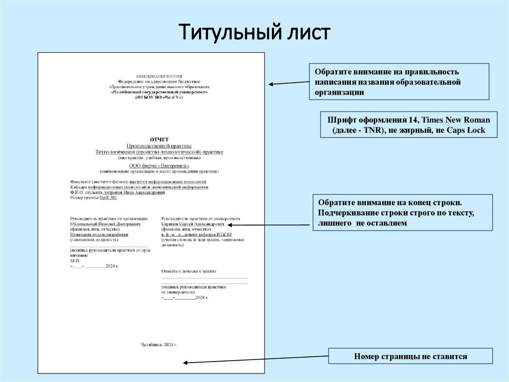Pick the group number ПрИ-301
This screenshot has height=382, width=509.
[x=108, y=198]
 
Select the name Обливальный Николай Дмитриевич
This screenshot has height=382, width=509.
[x=105, y=224]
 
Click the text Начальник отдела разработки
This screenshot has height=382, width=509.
[x=99, y=234]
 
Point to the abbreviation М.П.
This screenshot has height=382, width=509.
[x=75, y=260]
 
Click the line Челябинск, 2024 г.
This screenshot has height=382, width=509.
[x=159, y=345]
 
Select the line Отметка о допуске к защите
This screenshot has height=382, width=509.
[x=189, y=271]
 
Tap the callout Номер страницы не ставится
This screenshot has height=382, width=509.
[x=411, y=357]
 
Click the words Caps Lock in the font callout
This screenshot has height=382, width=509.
[x=467, y=130]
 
